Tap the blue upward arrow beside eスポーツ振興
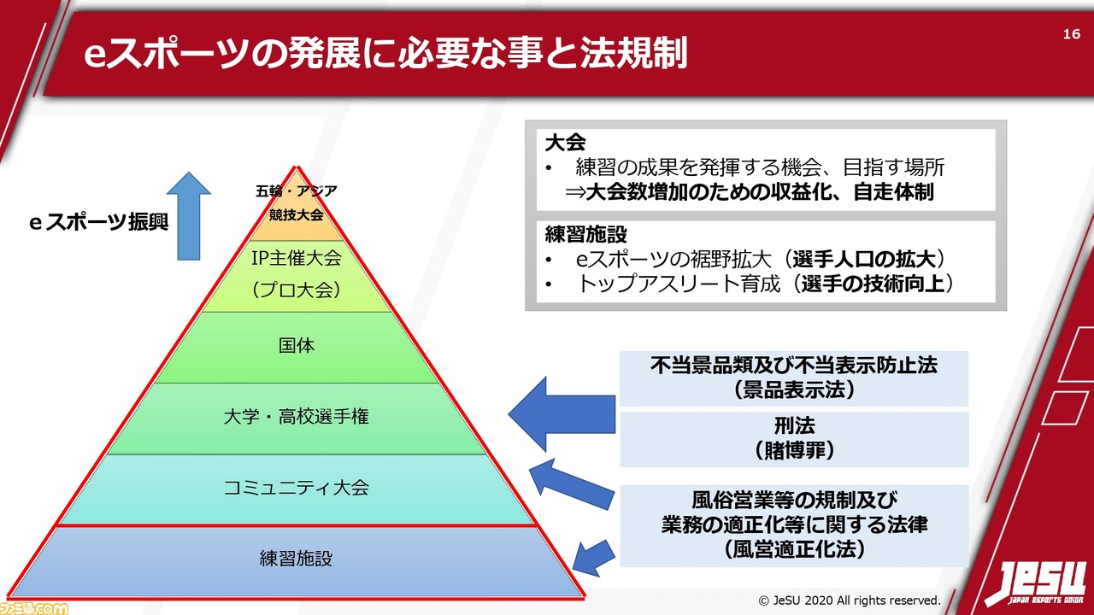(188, 215)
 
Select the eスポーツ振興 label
(99, 224)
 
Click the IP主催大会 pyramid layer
(297, 273)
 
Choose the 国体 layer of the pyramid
(297, 346)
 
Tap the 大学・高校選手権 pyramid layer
(297, 418)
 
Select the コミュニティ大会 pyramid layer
(297, 489)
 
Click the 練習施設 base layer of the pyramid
(297, 560)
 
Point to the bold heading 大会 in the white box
(565, 143)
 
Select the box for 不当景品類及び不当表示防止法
(793, 378)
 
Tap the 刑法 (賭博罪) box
(793, 437)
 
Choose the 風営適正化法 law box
(793, 524)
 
